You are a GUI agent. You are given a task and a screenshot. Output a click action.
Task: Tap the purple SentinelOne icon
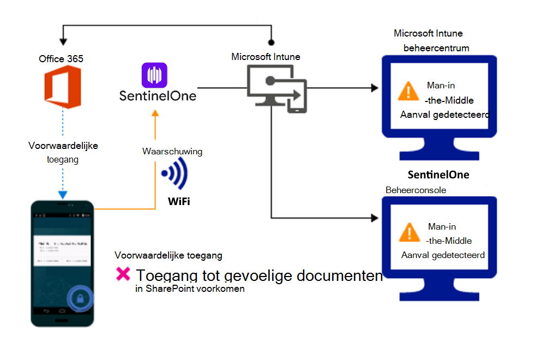[154, 75]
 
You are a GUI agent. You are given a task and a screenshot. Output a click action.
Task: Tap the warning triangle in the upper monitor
[408, 91]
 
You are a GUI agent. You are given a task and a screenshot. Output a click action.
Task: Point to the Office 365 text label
[61, 58]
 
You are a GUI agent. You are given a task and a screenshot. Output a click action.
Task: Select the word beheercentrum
[436, 48]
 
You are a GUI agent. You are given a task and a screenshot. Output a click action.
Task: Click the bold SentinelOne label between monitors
[438, 175]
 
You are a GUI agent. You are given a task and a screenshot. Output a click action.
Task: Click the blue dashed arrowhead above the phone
[63, 194]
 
